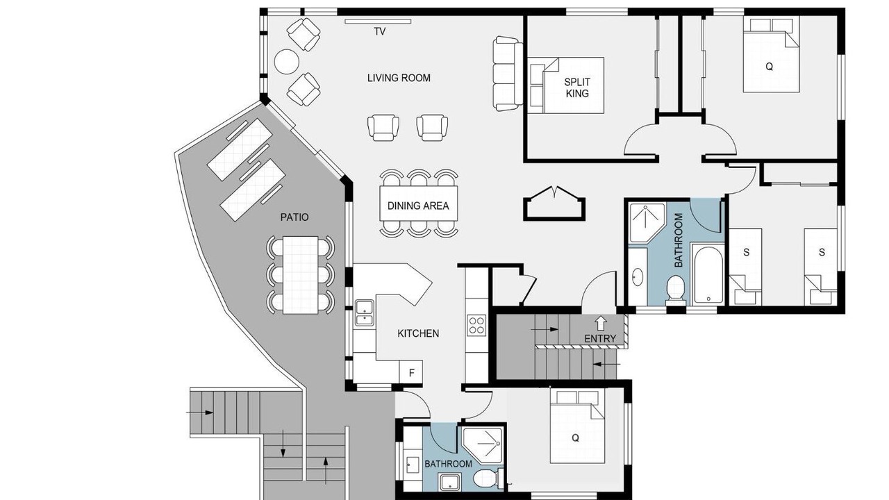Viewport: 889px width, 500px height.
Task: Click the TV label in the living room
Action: [380, 31]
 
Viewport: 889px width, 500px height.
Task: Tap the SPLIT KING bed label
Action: [577, 87]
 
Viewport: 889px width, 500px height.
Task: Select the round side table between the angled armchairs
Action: [287, 62]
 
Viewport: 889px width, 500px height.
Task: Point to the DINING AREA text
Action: [418, 206]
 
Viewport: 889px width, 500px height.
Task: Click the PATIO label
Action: [294, 217]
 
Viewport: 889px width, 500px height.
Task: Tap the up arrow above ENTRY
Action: [601, 323]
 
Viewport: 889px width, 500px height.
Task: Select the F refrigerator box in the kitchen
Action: [411, 373]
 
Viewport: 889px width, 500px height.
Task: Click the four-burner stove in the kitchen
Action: [476, 325]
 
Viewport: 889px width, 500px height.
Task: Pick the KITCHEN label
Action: [418, 333]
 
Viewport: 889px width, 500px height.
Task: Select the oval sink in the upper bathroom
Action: [638, 276]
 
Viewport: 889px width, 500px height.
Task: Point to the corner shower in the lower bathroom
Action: [483, 445]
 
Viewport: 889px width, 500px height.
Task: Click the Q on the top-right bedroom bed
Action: [769, 67]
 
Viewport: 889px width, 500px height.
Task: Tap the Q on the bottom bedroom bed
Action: [575, 438]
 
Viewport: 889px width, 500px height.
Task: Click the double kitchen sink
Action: [365, 312]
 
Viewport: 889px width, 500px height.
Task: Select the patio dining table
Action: [301, 275]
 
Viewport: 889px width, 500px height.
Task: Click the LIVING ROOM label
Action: [399, 78]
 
